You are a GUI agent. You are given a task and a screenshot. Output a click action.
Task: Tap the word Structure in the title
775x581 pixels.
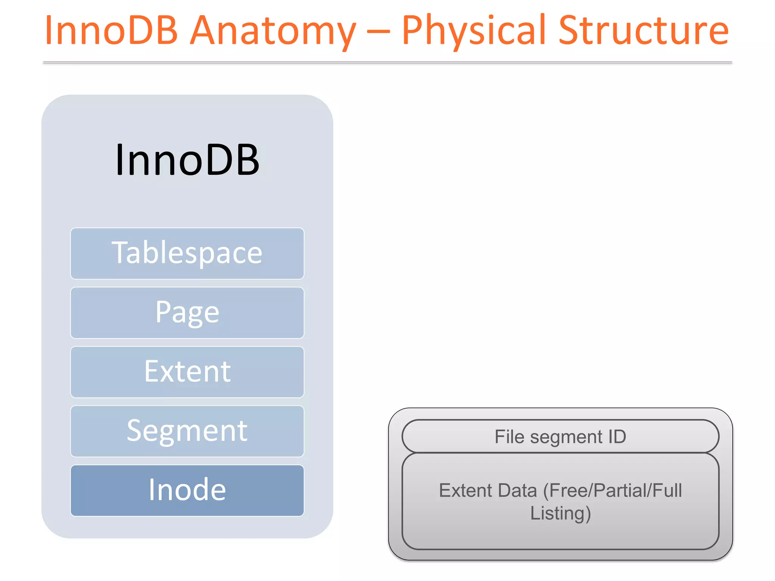click(643, 30)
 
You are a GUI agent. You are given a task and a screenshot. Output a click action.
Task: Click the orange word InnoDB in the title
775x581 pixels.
click(111, 30)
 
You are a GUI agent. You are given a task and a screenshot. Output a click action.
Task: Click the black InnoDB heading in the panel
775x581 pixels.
click(187, 160)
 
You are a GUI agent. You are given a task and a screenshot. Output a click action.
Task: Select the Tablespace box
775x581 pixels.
click(187, 253)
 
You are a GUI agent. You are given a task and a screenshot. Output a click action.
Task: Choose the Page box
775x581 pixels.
click(187, 313)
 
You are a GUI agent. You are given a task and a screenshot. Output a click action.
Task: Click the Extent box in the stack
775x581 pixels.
click(187, 372)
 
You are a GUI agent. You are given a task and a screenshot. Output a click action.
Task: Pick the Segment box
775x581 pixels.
click(187, 431)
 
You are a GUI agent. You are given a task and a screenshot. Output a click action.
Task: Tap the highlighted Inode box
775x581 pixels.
click(187, 490)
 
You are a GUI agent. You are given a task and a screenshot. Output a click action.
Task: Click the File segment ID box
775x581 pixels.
click(560, 437)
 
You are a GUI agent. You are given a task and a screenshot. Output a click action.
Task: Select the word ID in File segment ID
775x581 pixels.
click(617, 437)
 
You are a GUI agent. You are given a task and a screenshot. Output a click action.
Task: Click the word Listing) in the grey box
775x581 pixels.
click(560, 514)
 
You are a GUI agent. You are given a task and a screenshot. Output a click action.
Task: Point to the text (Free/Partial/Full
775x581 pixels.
click(612, 491)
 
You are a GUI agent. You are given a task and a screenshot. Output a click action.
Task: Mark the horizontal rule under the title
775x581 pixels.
click(387, 62)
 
